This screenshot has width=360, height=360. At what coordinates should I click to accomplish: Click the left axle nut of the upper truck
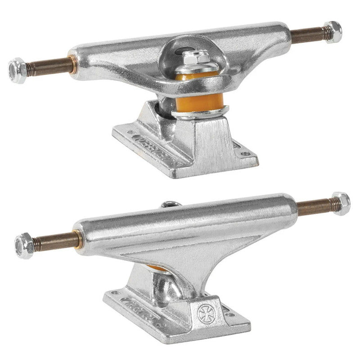click(17, 68)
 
